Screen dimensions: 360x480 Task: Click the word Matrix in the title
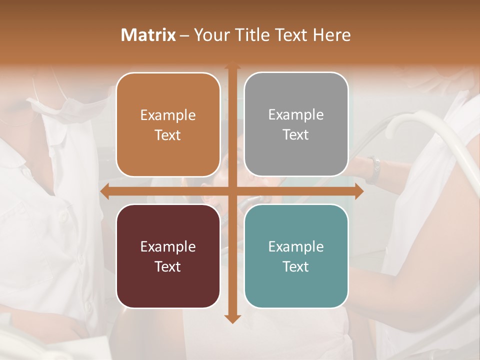pos(148,35)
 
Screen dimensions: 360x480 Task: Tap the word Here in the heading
pos(332,35)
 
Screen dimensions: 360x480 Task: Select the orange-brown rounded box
pos(168,125)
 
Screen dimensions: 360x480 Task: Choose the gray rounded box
pos(296,124)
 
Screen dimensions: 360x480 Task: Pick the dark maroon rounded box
pos(168,256)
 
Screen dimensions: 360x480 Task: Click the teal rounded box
pos(296,256)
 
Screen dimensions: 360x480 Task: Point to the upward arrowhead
pos(232,66)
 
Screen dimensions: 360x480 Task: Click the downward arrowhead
pos(232,318)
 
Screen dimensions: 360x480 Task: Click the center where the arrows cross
pos(232,191)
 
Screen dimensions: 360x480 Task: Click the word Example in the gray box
pos(296,115)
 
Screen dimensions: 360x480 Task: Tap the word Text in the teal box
pos(296,266)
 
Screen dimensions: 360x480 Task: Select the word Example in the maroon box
pos(168,246)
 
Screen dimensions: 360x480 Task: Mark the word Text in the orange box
pos(168,135)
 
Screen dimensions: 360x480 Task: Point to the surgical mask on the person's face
pos(55,105)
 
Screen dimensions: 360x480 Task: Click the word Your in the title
pos(210,35)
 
